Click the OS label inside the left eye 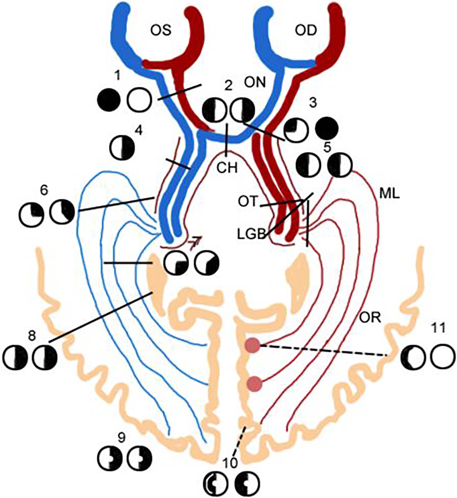(161, 30)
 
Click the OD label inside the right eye (306, 31)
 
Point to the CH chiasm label (227, 167)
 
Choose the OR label (370, 318)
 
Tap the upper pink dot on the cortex (253, 345)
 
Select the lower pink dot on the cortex (254, 384)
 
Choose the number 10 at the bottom (230, 463)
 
